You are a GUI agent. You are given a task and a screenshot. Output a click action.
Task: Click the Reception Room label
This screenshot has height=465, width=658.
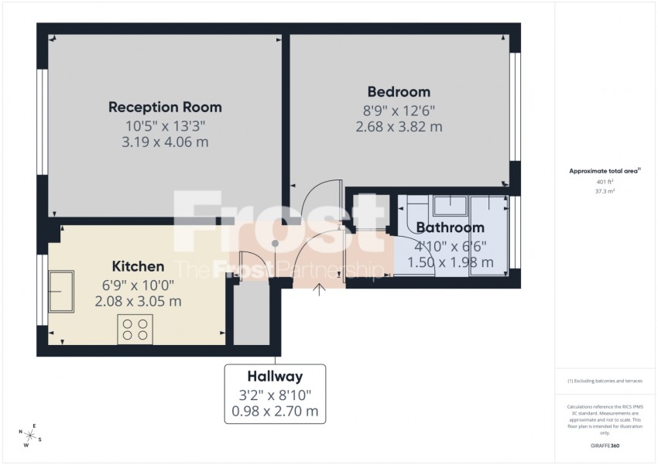pos(165,107)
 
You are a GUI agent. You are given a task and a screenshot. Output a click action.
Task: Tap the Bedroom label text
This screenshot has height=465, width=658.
pos(399,91)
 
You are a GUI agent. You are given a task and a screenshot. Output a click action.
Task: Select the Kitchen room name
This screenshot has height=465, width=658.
pos(138,266)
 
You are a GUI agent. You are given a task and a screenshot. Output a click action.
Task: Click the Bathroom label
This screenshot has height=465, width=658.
pos(450,227)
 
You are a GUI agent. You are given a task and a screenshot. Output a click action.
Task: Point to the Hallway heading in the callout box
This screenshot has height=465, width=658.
pos(275,377)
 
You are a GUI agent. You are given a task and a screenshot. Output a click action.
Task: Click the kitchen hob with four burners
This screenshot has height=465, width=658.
pos(135,329)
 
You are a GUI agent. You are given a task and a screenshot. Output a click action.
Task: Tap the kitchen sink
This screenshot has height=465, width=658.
pos(60,290)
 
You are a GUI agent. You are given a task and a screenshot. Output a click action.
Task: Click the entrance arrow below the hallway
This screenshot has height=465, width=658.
pos(319,291)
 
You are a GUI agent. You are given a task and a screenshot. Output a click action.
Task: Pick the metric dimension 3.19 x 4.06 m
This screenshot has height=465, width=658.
pos(165,142)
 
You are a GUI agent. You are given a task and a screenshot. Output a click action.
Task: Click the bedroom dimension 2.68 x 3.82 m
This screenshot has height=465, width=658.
pos(399,127)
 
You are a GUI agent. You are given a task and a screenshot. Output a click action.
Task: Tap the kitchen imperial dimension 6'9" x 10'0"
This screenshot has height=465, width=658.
pos(138,284)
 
